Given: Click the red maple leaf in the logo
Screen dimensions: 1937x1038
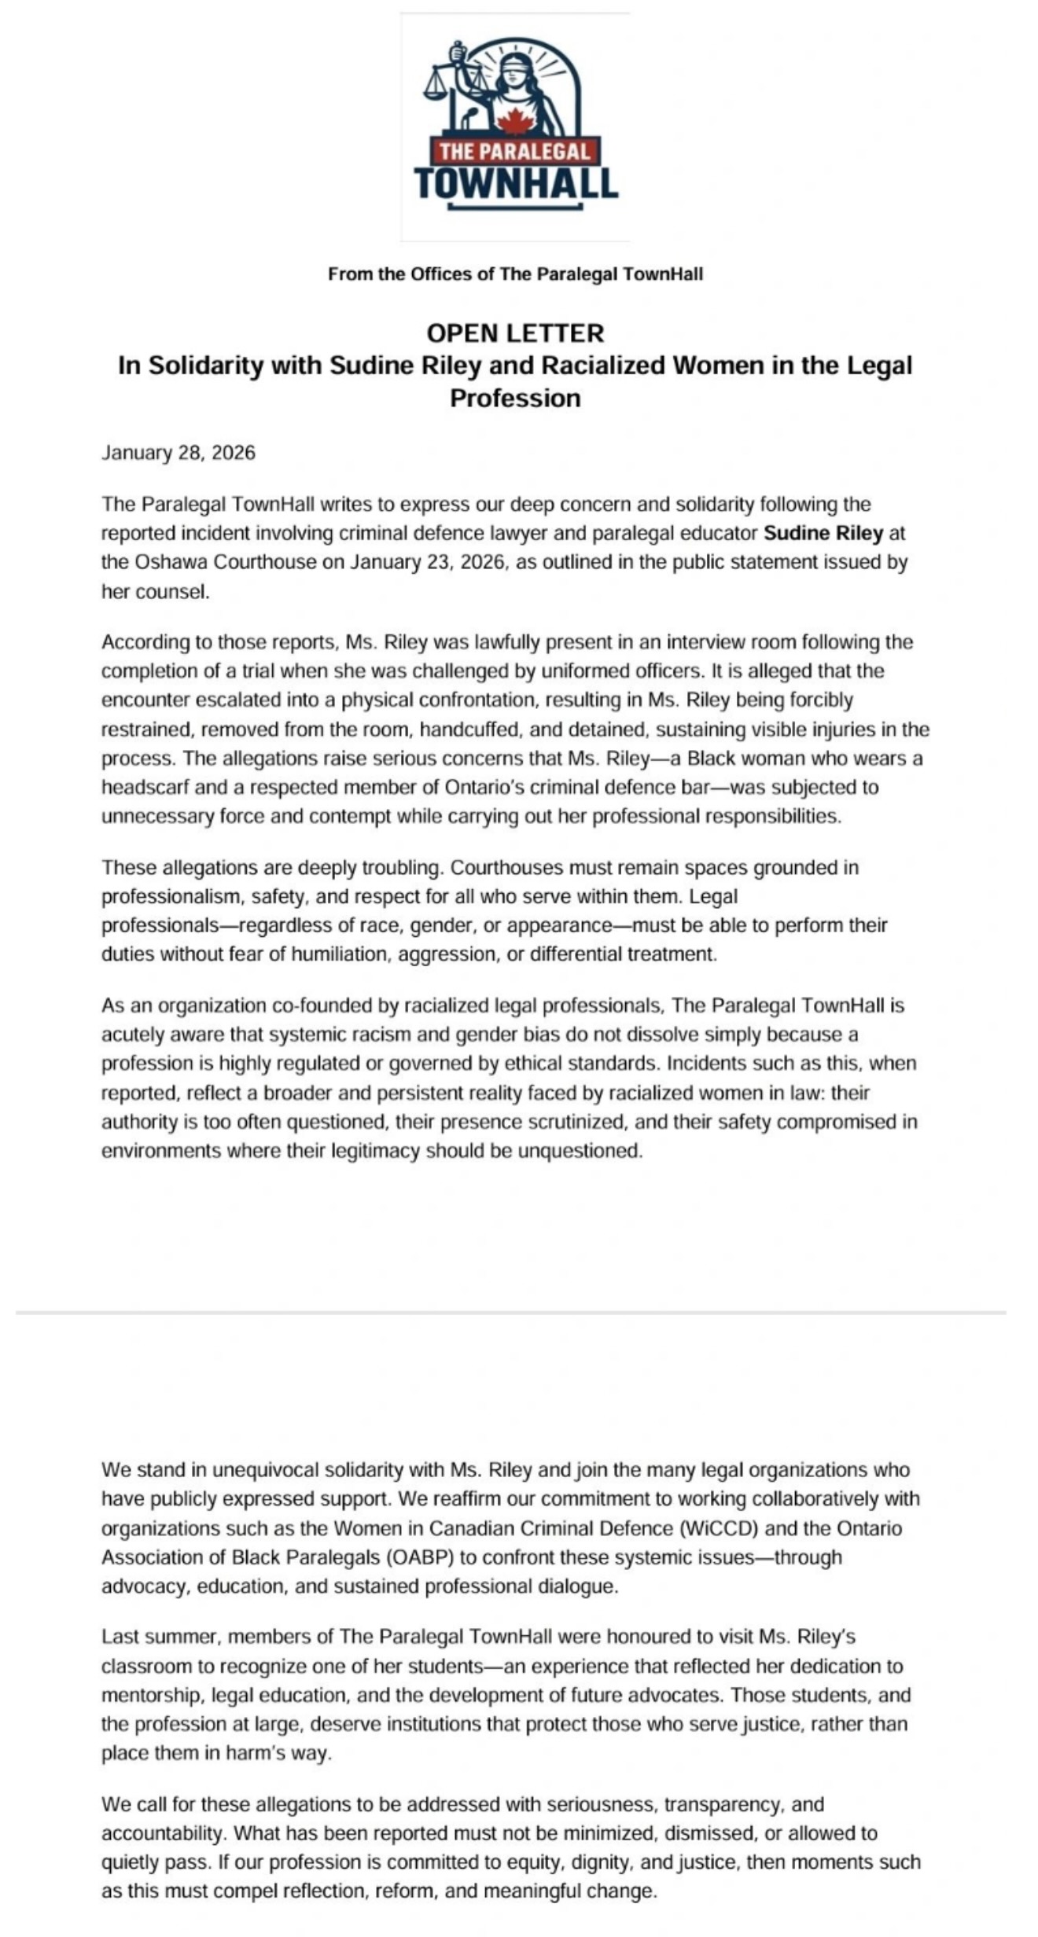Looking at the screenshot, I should tap(514, 122).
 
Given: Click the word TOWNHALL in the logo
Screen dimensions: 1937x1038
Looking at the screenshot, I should tap(516, 183).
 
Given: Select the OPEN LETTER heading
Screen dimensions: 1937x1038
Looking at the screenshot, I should tap(515, 333).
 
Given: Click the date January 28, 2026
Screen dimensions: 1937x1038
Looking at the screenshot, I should tap(179, 453).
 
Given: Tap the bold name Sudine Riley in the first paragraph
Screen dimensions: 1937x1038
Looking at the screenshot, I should tap(823, 533).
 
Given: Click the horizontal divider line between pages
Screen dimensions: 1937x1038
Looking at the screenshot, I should tap(511, 1313).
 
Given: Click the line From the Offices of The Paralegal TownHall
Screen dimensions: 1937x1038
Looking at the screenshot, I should tap(515, 274).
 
